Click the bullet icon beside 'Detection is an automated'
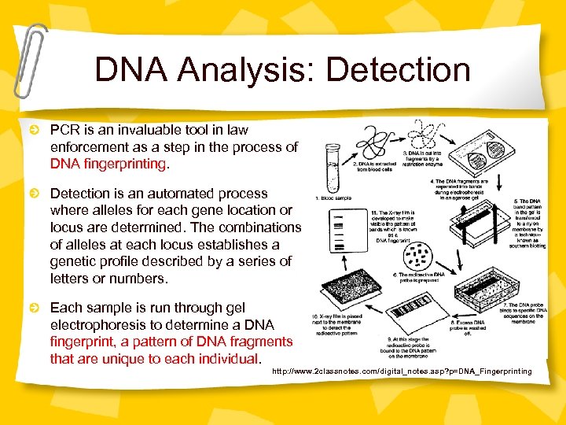coord(34,194)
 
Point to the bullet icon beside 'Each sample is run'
coord(34,308)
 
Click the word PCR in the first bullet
coord(65,130)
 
